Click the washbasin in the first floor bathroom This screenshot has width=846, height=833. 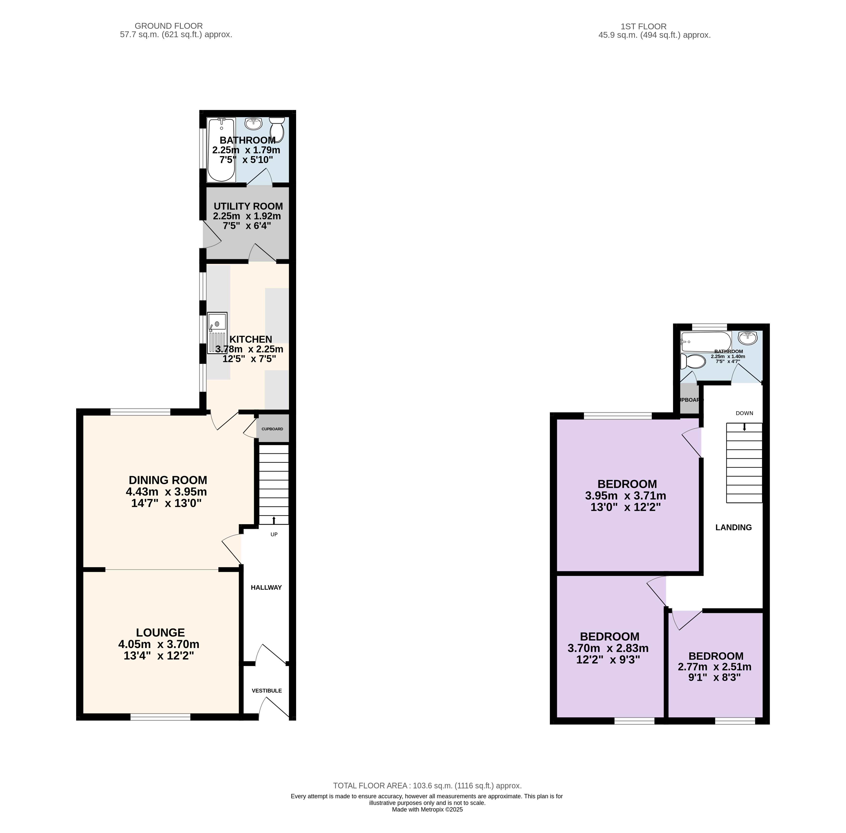pos(748,338)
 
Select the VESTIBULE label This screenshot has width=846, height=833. pos(267,690)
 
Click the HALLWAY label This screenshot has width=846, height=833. pos(266,587)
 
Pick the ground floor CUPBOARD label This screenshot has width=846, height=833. pos(272,429)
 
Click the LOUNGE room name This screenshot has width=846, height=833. pos(160,632)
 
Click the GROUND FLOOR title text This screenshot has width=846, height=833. pos(169,26)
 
